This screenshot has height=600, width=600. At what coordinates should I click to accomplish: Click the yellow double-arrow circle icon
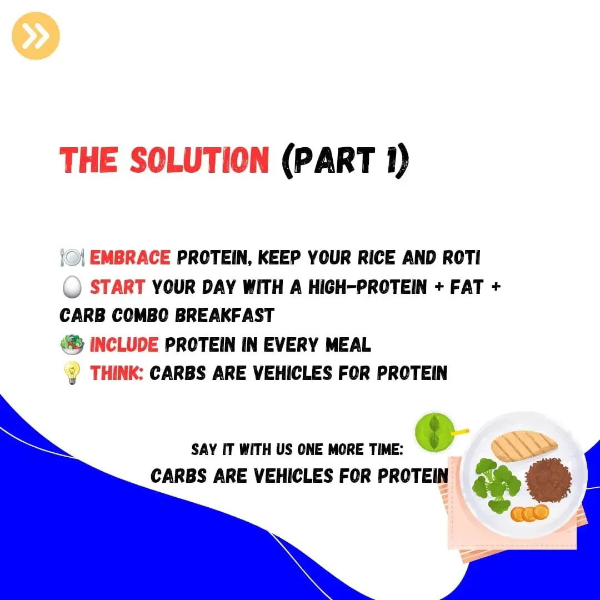click(36, 36)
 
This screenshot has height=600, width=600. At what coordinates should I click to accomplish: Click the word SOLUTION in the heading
click(199, 159)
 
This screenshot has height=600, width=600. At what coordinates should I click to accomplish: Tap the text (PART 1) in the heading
click(345, 160)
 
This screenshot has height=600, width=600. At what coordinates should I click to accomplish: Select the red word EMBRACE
click(129, 258)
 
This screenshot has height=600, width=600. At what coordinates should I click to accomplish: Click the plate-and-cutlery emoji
click(72, 257)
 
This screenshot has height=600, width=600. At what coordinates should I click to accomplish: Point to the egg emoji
click(72, 287)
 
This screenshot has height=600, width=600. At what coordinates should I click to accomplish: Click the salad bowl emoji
click(72, 344)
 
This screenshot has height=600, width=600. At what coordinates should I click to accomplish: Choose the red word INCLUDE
click(123, 344)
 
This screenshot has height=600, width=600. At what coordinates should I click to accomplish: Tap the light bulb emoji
click(72, 373)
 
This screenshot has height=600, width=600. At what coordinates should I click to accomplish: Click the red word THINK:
click(116, 373)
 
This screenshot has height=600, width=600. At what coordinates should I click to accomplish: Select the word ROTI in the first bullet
click(461, 258)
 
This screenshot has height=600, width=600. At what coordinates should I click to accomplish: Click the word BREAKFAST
click(224, 316)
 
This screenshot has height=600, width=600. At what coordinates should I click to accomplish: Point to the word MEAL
click(348, 344)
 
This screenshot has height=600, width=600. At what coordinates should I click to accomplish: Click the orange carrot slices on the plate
click(529, 513)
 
